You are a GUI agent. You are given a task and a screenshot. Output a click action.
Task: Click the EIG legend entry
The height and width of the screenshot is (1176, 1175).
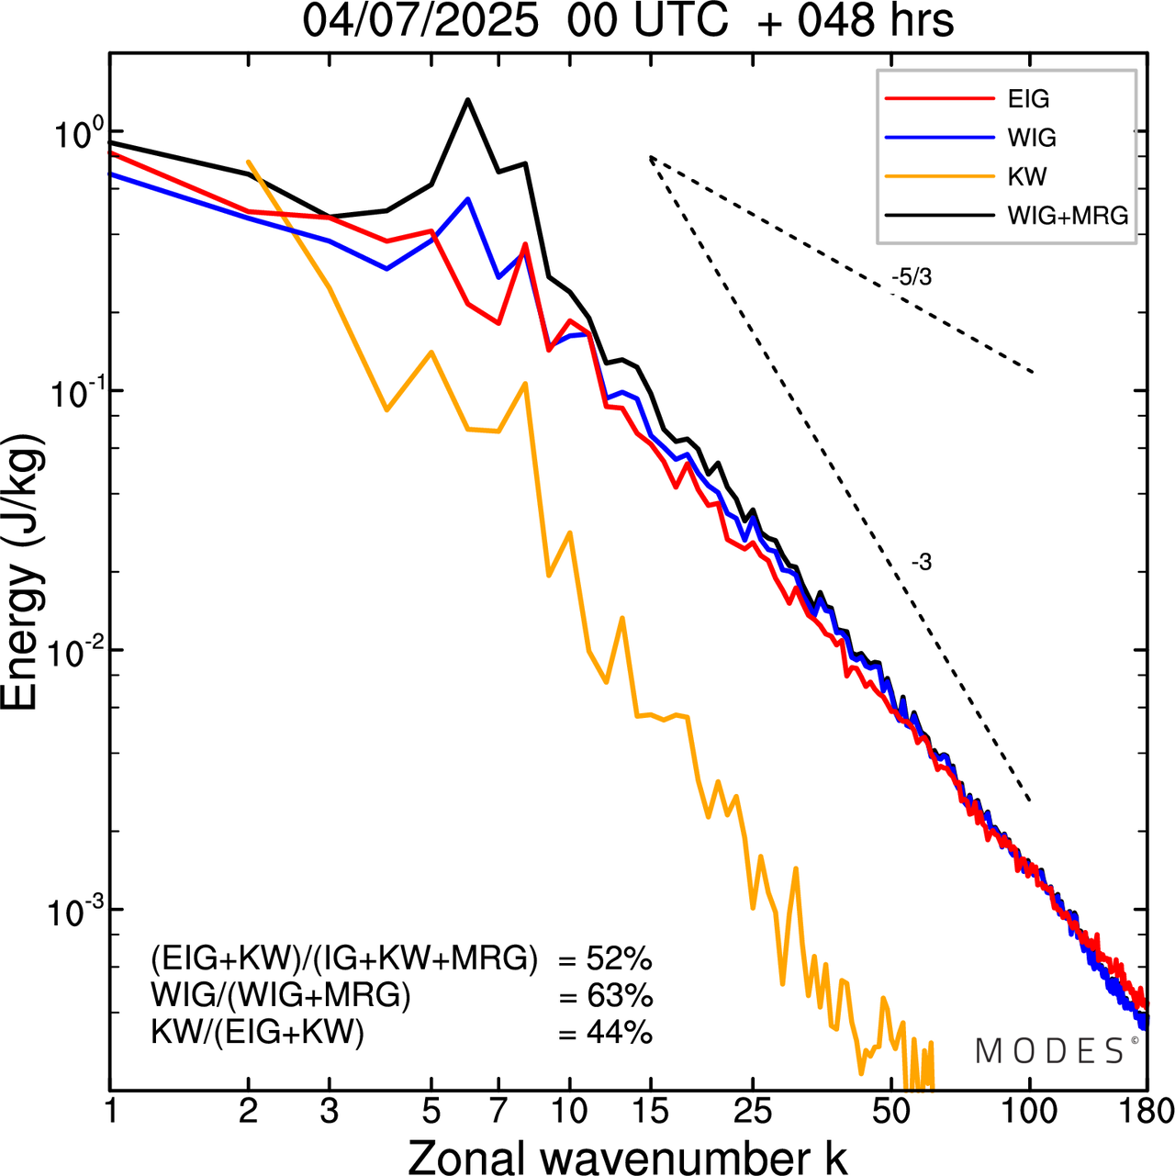[1028, 99]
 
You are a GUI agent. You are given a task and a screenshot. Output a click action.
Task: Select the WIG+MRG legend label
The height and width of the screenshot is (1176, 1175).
[1068, 216]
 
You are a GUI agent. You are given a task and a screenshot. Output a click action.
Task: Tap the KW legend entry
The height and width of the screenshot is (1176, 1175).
[1026, 176]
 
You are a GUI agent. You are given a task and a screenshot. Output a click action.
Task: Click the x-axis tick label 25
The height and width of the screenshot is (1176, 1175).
[752, 1112]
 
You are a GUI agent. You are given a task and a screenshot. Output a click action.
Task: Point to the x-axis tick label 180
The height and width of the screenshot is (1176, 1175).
[1145, 1112]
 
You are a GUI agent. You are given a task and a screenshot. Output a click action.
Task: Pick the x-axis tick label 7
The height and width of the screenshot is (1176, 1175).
[498, 1112]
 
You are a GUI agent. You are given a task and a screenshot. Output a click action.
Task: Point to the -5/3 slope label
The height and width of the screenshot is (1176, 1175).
[912, 277]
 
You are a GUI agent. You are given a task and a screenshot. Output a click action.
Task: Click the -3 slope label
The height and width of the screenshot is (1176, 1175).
[922, 563]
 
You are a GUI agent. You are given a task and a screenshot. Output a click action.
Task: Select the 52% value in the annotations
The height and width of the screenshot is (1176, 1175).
[619, 959]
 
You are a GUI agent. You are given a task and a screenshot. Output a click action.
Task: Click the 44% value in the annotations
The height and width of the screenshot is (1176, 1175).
[619, 1033]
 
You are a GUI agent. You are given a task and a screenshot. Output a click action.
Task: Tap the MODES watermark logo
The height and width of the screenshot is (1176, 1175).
[1051, 1051]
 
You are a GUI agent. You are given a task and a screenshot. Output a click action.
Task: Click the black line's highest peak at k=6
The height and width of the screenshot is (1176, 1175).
[468, 99]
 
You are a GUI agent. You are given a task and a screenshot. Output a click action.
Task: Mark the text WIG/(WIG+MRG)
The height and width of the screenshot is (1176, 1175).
[281, 996]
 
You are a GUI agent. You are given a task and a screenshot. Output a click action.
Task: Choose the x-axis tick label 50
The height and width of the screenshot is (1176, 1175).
[891, 1112]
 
